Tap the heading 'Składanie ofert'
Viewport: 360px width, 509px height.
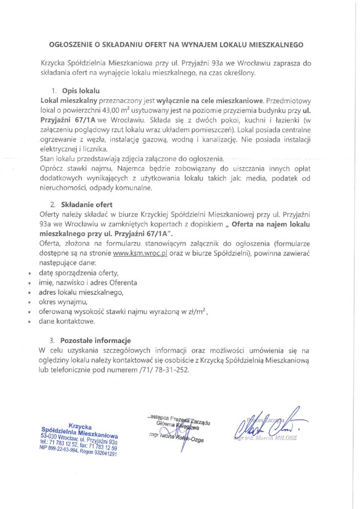click(87, 204)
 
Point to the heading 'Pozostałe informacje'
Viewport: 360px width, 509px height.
click(95, 341)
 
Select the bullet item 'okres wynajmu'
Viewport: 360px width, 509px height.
click(63, 302)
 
